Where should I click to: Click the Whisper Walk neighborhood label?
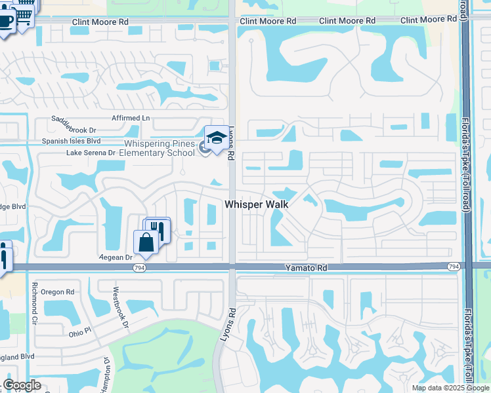coord(257,204)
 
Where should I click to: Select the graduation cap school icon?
coord(216,138)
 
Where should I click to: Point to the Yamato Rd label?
coord(305,268)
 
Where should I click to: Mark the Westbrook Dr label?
coord(118,307)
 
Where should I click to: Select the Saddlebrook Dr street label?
coord(74,130)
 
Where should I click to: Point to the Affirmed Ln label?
coord(131,118)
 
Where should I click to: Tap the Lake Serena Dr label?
coord(91,153)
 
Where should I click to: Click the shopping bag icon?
coord(145,242)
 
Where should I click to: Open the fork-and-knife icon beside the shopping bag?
coord(158,229)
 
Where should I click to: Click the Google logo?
coord(22,385)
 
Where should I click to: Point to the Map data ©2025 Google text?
coord(450,388)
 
